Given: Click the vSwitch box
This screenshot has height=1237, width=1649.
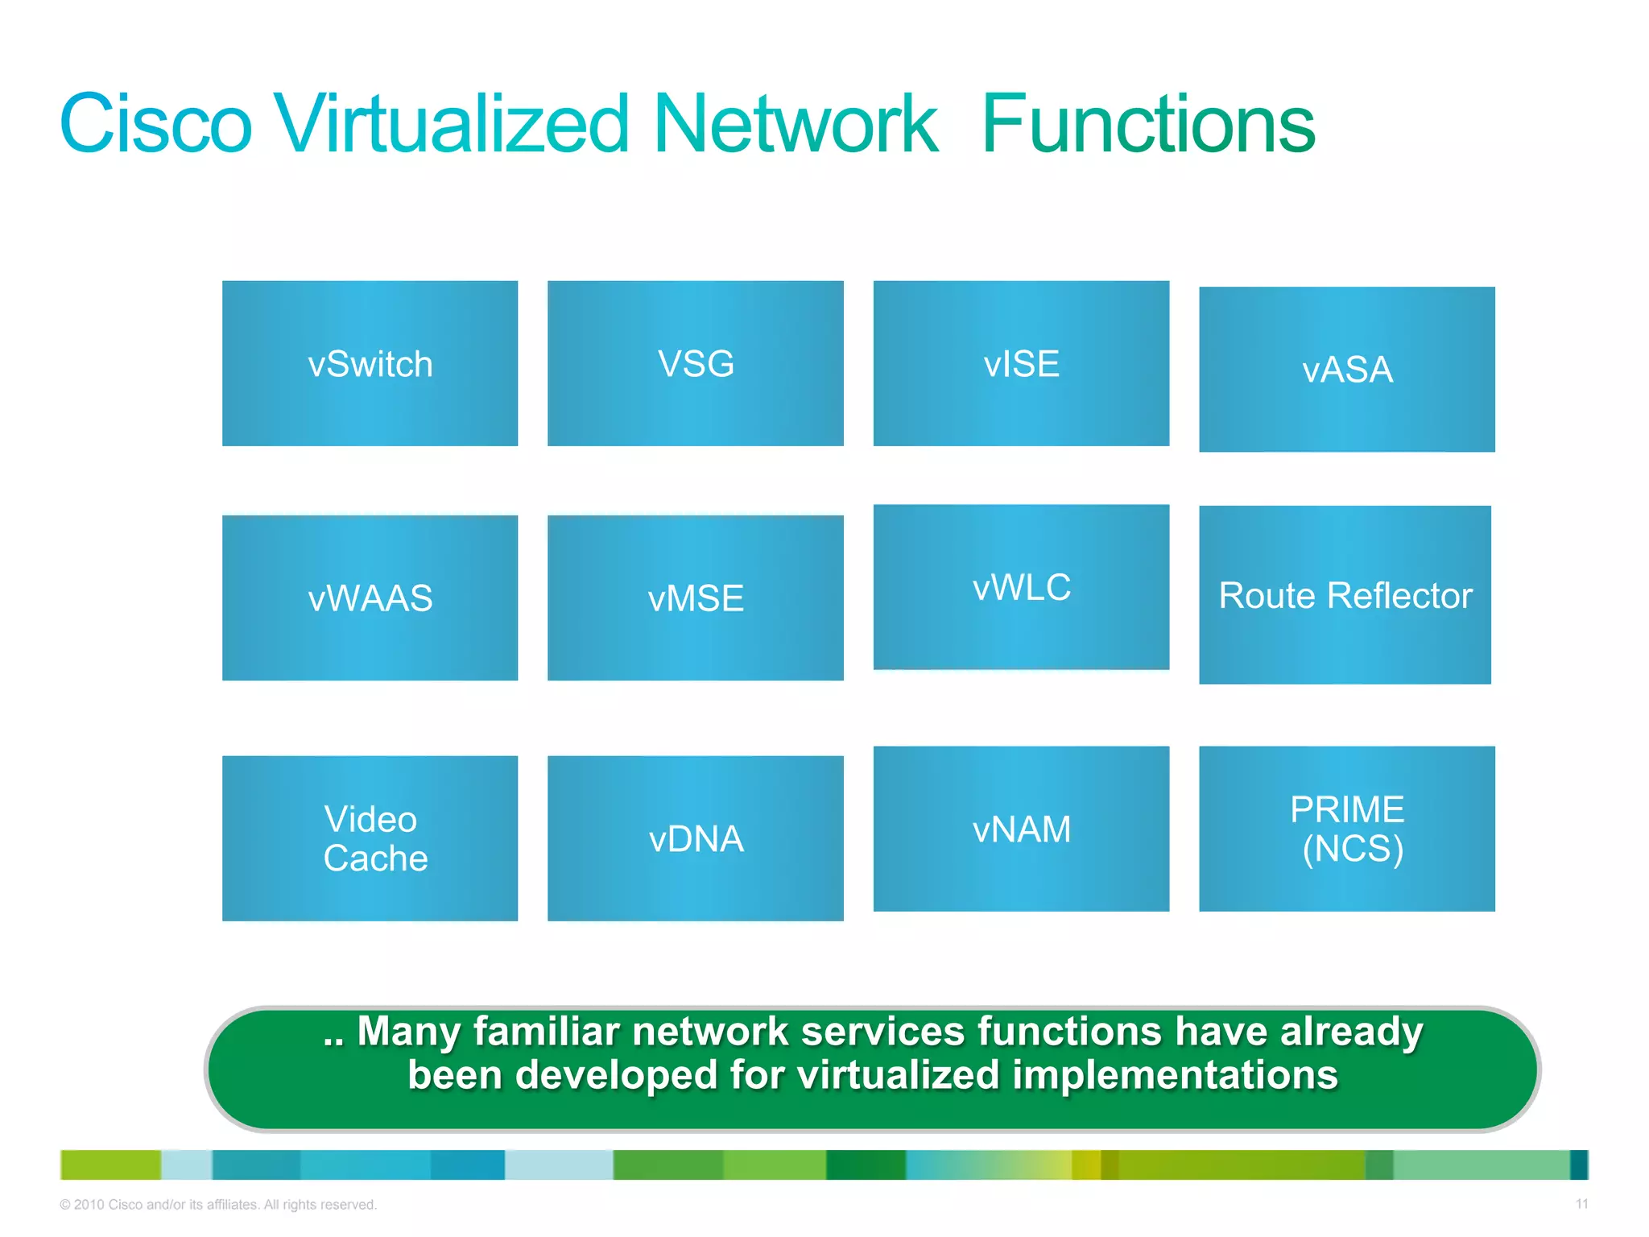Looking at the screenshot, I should [x=370, y=363].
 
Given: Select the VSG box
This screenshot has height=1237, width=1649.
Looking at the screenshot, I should [x=696, y=363].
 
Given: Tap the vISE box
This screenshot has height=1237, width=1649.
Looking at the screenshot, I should [x=1021, y=363].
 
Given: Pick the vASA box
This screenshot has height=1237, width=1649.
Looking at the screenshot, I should [x=1346, y=370].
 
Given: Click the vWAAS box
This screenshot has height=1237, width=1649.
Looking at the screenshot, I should [x=370, y=598].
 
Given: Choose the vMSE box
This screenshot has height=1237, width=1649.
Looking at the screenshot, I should [x=696, y=598].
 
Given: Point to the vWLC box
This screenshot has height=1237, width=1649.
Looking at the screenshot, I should [x=1021, y=587].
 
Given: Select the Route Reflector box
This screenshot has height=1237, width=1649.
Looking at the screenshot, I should [x=1345, y=595].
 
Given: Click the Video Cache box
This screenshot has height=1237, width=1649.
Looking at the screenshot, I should [x=370, y=838].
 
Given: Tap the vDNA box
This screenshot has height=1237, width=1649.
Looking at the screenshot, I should [x=696, y=838].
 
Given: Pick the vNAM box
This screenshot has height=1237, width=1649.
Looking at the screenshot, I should [x=1021, y=829].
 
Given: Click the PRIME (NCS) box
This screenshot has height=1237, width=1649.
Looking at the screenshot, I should [x=1346, y=829].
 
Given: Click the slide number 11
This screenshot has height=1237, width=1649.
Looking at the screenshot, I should [x=1581, y=1204].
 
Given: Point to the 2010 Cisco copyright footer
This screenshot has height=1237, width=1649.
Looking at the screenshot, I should [x=217, y=1205].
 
